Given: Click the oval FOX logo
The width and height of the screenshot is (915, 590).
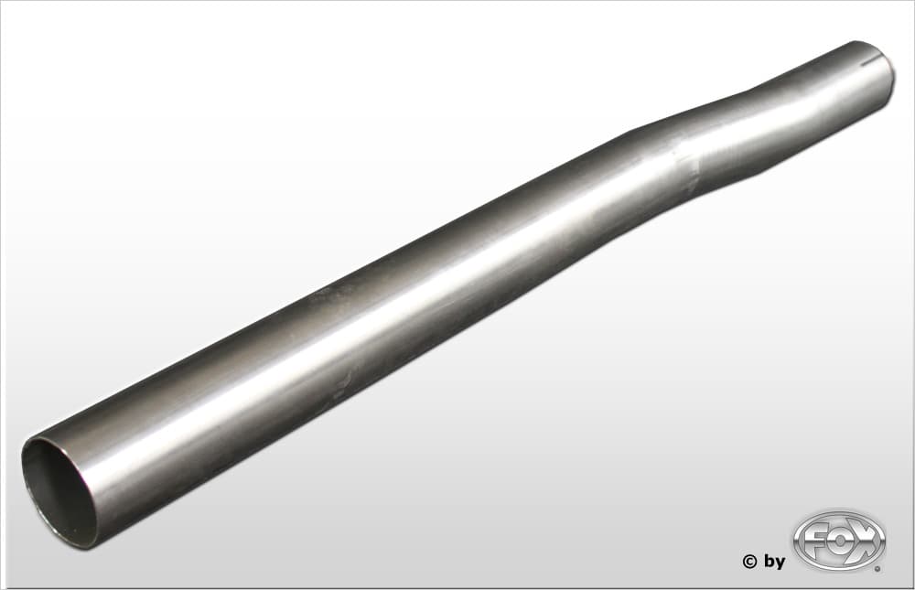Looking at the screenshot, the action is coord(839,541).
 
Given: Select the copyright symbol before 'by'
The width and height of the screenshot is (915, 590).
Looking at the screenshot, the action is coord(750,562).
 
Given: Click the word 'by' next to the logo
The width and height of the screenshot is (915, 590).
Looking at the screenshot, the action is coord(775,562).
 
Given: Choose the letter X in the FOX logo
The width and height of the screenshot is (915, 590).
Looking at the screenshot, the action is coord(866,541).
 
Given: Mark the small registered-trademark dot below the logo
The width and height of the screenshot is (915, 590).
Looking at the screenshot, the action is coord(877,569).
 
